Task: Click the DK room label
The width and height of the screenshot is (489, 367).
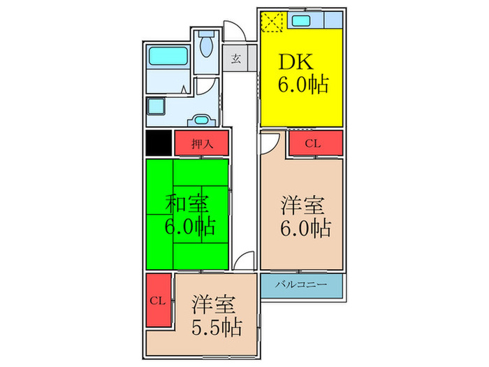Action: point(296,62)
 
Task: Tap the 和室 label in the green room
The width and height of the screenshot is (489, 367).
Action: point(187,204)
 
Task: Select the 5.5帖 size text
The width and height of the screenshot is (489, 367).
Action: point(216,326)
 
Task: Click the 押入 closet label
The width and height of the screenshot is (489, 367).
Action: point(201,143)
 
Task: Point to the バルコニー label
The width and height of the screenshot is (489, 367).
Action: point(301,285)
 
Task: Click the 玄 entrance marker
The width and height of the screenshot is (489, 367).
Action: point(236,59)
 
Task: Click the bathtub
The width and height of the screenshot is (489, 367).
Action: point(168,55)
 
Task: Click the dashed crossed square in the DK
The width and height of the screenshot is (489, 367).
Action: point(271,21)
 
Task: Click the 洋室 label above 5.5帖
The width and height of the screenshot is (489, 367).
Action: point(214,305)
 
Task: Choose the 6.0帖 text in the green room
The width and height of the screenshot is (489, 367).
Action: point(189,228)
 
